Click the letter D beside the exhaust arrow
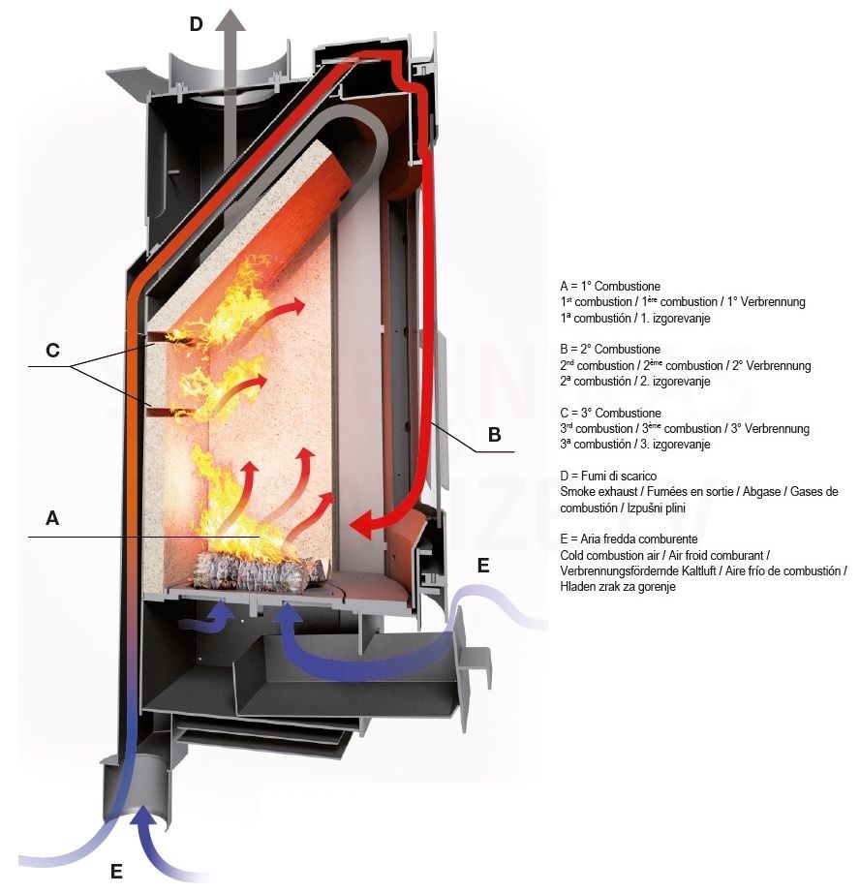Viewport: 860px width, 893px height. (196, 24)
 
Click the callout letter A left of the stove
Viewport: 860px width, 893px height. (52, 518)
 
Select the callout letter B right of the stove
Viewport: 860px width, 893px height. (494, 435)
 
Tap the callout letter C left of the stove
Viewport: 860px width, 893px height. (52, 350)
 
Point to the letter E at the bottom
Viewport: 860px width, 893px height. (116, 872)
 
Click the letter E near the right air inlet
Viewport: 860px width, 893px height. (483, 566)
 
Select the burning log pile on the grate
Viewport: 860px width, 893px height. (261, 571)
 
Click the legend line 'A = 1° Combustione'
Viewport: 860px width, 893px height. (610, 287)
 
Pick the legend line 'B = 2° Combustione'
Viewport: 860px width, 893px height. (610, 349)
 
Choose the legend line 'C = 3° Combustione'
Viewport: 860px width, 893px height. (610, 413)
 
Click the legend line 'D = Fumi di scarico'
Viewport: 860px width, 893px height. (608, 477)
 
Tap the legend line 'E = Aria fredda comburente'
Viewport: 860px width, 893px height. (629, 539)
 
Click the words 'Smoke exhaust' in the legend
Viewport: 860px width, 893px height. (599, 491)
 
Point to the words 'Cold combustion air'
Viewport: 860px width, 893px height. (609, 555)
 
